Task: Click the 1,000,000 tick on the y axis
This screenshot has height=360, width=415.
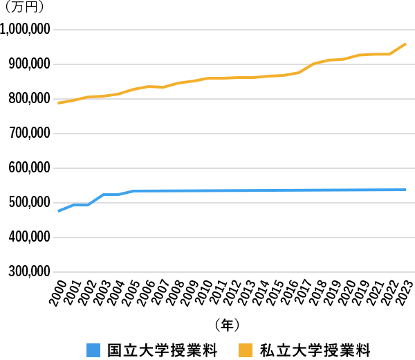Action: pyautogui.click(x=26, y=30)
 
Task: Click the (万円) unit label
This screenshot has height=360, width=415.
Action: pyautogui.click(x=25, y=8)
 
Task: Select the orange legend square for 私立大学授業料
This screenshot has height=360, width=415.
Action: pyautogui.click(x=246, y=348)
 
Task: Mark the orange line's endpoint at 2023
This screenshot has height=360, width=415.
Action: pyautogui.click(x=405, y=44)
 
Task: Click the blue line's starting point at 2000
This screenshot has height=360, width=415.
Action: pyautogui.click(x=59, y=210)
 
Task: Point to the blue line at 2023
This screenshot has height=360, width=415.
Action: pyautogui.click(x=405, y=189)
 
